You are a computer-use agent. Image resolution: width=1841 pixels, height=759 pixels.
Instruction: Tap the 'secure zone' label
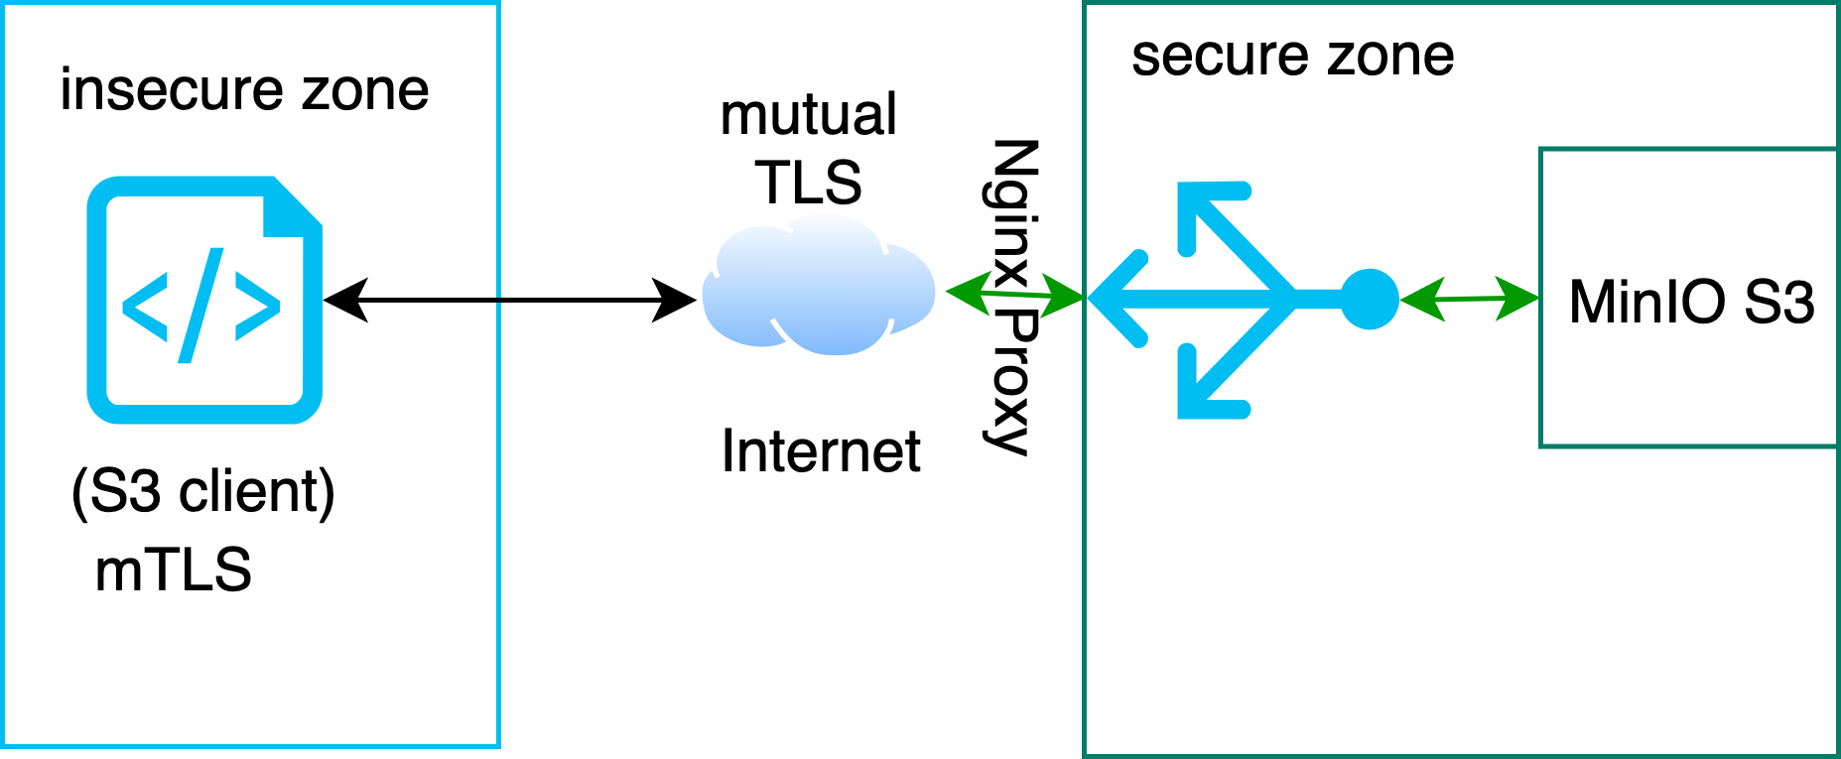click(x=1292, y=56)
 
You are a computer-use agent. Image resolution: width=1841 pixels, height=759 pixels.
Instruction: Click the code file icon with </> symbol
click(x=204, y=301)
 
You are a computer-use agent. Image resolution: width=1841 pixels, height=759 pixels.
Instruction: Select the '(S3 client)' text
click(x=203, y=490)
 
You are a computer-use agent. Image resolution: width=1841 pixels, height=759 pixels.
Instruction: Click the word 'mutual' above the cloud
click(x=808, y=114)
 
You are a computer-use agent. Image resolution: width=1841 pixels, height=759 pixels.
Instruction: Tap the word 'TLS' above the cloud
click(x=808, y=183)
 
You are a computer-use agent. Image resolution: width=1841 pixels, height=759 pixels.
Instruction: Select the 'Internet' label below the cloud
click(x=820, y=451)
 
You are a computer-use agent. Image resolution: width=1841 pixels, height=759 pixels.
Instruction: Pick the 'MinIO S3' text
click(x=1691, y=302)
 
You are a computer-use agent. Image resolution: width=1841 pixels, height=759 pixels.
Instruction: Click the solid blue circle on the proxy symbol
click(x=1370, y=299)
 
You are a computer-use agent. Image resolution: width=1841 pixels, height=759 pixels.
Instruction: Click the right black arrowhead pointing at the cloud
click(x=675, y=300)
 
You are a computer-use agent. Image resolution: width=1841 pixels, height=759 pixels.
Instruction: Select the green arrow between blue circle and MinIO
click(x=1468, y=299)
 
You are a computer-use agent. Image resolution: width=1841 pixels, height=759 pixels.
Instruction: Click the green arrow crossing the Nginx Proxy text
click(x=1013, y=294)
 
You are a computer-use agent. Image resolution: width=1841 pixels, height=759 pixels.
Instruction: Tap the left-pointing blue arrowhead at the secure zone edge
click(x=1117, y=298)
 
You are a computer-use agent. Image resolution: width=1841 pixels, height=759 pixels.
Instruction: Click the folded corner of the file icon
click(x=292, y=207)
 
